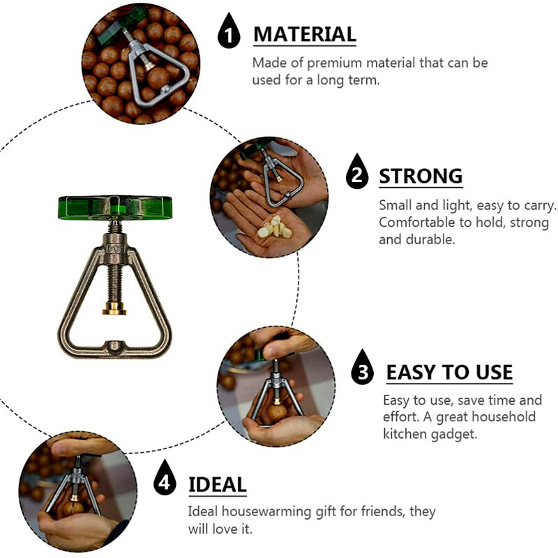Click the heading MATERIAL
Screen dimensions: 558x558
(x=305, y=34)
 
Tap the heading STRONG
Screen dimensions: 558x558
(x=421, y=176)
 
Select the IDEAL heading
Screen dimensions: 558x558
(x=218, y=485)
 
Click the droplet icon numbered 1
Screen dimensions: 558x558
(x=229, y=31)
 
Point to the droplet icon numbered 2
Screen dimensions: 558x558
(x=357, y=172)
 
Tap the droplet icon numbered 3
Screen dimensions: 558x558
(x=362, y=368)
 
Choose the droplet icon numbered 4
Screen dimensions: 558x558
(x=165, y=478)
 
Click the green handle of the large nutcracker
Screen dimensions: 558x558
(x=115, y=207)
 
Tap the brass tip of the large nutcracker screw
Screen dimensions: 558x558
(x=114, y=308)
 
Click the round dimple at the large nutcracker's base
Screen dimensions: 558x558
(x=114, y=346)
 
